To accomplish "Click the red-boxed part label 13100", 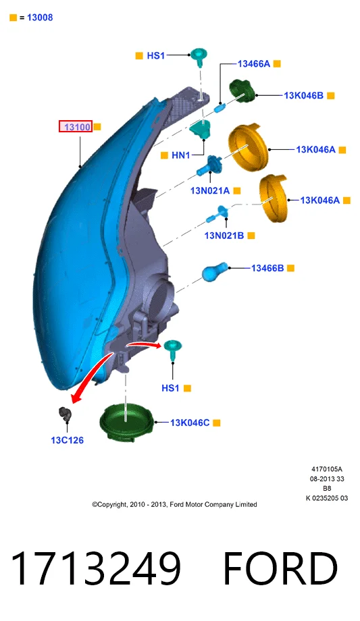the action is (x=76, y=127).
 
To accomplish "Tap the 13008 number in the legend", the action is (x=40, y=18).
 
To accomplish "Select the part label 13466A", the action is (x=254, y=63).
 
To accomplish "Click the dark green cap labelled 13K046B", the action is (x=243, y=90).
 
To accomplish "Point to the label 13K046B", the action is (x=303, y=95).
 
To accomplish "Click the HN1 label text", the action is (x=181, y=155).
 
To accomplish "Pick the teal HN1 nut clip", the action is (x=200, y=129).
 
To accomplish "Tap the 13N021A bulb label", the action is (x=210, y=191).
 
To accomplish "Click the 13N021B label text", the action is (x=224, y=236).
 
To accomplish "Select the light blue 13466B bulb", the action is (x=215, y=271).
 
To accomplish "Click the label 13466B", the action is (x=267, y=268).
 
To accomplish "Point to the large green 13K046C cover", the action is (x=126, y=422).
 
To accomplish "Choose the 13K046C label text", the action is (x=190, y=423).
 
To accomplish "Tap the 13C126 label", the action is (x=67, y=440).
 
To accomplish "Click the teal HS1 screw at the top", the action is (x=199, y=57).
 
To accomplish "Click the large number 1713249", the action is (x=95, y=568).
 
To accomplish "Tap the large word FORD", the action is (x=280, y=568).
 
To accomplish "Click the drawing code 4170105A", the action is (x=327, y=469).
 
